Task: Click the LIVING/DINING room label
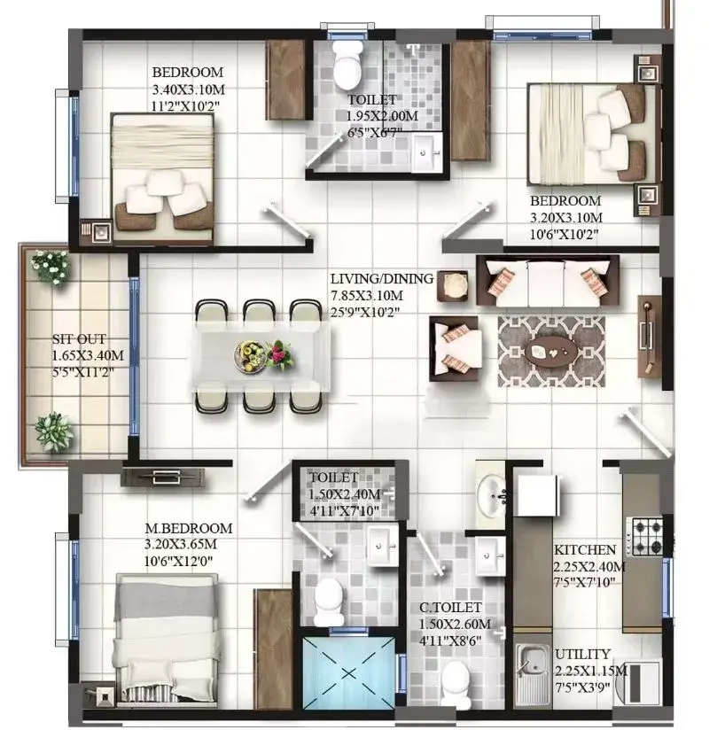[x=382, y=279]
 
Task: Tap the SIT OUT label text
[x=79, y=339]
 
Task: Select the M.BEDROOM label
[x=188, y=528]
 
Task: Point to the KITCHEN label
[x=585, y=550]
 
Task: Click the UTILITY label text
[x=582, y=654]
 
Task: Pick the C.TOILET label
[x=450, y=608]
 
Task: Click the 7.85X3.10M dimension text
[x=367, y=296]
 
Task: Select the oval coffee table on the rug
[x=552, y=351]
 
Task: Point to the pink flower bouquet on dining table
[x=280, y=354]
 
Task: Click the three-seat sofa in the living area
[x=548, y=280]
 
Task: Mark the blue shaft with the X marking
[x=348, y=672]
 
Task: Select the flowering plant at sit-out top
[x=50, y=268]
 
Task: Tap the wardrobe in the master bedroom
[x=272, y=648]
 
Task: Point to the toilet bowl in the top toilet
[x=347, y=64]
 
